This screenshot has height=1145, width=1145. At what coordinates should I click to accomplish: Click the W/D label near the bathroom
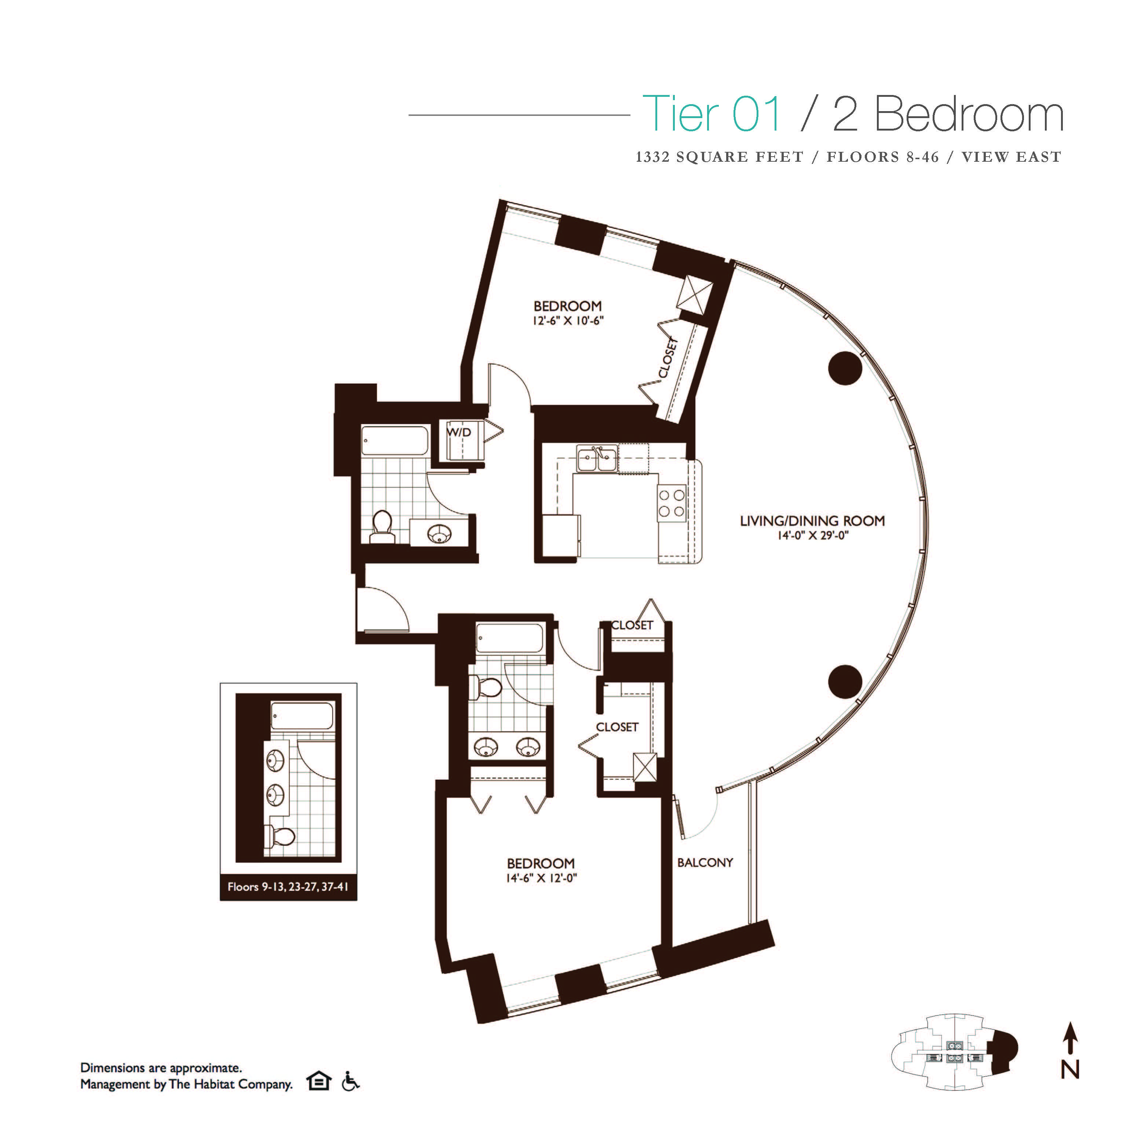click(x=459, y=433)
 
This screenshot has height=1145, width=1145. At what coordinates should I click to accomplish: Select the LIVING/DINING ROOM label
click(x=812, y=521)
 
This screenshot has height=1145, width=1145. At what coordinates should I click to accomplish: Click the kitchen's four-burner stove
click(x=672, y=502)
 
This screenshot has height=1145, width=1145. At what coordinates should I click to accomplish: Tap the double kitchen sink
click(x=596, y=459)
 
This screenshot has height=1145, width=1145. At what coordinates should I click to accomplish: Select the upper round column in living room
click(x=845, y=368)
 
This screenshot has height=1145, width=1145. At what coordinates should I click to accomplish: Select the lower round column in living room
click(x=845, y=681)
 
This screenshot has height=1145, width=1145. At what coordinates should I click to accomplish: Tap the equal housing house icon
click(x=318, y=1082)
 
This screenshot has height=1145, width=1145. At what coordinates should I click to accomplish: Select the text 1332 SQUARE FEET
click(x=719, y=157)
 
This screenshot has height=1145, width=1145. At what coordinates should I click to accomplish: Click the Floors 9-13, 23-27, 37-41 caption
click(x=288, y=887)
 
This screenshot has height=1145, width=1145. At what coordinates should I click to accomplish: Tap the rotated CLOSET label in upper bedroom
click(x=668, y=357)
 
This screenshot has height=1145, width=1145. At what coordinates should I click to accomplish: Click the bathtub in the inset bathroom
click(x=302, y=715)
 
